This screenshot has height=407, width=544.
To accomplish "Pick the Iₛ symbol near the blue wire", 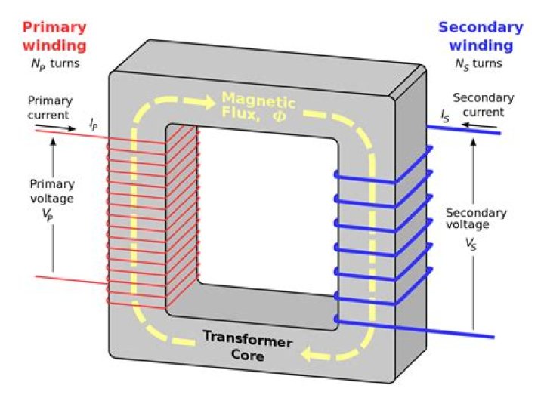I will pos(447,116).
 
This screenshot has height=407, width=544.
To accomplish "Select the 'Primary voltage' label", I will pos(51,198).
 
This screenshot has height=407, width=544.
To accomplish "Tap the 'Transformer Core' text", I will pos(247,347).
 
